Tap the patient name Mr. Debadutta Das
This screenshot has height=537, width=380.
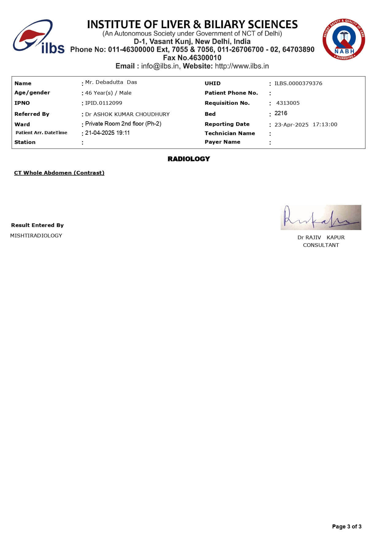111,82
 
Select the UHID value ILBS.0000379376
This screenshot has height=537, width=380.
298,83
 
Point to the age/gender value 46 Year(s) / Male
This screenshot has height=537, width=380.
108,93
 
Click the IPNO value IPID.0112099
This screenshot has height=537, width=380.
104,103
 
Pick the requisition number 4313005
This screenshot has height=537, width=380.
288,103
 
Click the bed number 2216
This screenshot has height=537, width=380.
281,113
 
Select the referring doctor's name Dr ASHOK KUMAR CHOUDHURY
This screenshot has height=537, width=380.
127,114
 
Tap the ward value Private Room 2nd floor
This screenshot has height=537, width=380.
123,124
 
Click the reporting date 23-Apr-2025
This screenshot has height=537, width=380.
291,125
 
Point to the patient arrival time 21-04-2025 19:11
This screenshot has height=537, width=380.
107,133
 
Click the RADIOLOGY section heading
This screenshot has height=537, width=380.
189,159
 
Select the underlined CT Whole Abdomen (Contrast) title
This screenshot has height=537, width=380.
59,173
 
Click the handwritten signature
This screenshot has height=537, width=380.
321,217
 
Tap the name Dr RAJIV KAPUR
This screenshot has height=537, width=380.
321,237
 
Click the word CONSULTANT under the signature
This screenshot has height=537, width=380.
321,245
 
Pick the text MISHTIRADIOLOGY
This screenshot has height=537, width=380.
36,236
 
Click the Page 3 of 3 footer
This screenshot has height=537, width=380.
347,527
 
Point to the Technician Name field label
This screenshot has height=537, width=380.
230,133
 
